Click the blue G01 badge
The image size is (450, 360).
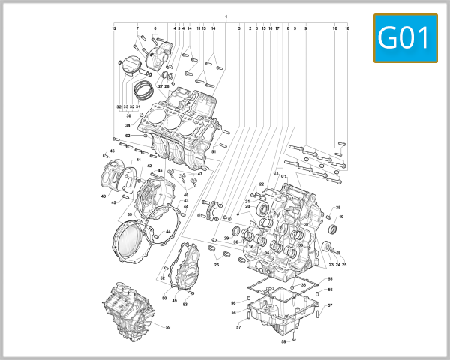pyautogui.click(x=404, y=38)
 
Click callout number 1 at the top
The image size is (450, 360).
pyautogui.click(x=226, y=16)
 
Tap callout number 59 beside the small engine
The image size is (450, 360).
pyautogui.click(x=168, y=327)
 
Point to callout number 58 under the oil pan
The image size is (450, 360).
pyautogui.click(x=283, y=342)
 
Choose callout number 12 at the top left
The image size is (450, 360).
pyautogui.click(x=114, y=28)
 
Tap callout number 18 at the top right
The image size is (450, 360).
pyautogui.click(x=347, y=28)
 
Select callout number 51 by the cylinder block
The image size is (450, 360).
pyautogui.click(x=213, y=152)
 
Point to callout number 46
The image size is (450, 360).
pyautogui.click(x=112, y=151)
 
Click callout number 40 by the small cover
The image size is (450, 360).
pyautogui.click(x=103, y=196)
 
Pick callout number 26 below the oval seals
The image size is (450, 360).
pyautogui.click(x=217, y=264)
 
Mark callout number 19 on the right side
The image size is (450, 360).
pyautogui.click(x=341, y=217)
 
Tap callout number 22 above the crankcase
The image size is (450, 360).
pyautogui.click(x=262, y=184)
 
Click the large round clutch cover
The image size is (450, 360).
pyautogui.click(x=135, y=244)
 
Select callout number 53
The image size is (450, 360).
pyautogui.click(x=184, y=304)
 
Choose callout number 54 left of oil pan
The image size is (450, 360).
pyautogui.click(x=233, y=311)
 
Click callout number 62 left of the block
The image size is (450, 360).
pyautogui.click(x=127, y=136)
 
